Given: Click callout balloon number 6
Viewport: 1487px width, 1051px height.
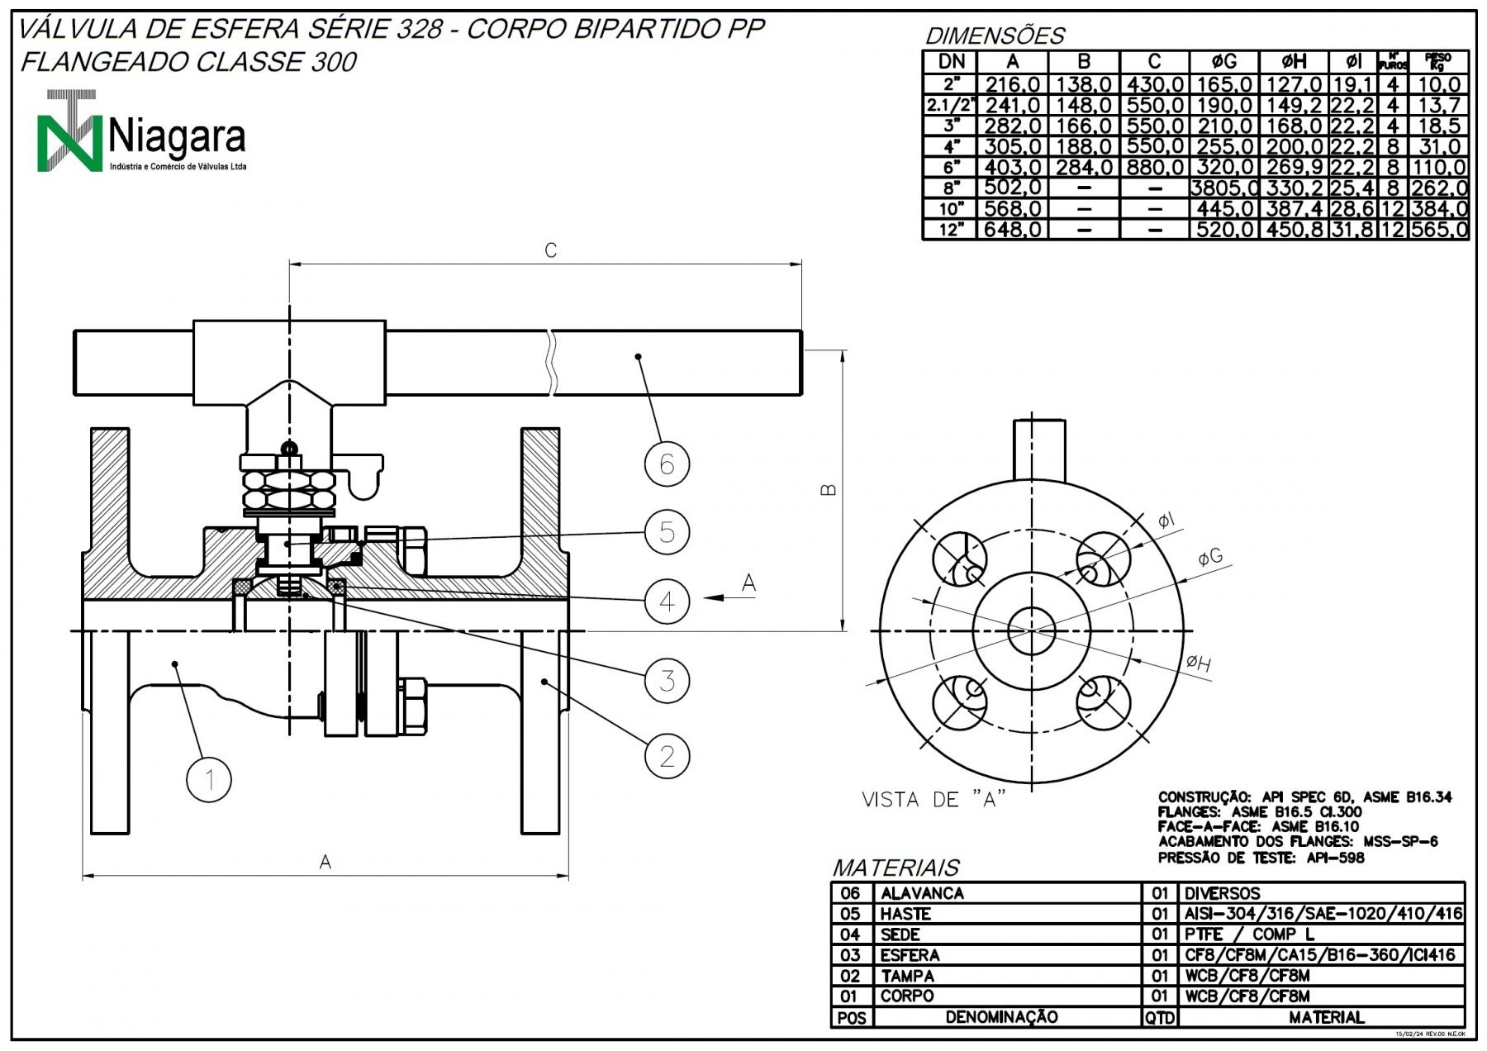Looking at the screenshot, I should (x=667, y=464).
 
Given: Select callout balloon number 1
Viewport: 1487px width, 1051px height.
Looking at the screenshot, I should (x=209, y=779).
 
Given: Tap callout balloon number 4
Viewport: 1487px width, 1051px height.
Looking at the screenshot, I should (x=667, y=601).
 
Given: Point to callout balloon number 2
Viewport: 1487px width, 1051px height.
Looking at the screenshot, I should (x=667, y=755).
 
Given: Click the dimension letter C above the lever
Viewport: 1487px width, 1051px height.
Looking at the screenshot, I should (x=551, y=250).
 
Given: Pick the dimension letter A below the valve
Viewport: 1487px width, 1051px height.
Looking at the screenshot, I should (x=325, y=862).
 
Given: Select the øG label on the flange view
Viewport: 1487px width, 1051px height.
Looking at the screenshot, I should (x=1210, y=558).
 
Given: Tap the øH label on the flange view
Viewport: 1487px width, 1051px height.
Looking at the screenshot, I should (x=1199, y=662).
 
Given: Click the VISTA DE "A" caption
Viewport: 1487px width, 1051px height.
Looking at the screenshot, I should (x=934, y=799).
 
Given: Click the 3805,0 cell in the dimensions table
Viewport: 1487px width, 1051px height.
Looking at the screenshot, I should (x=1224, y=188).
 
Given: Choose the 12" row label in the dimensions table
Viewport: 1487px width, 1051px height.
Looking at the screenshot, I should (x=951, y=229).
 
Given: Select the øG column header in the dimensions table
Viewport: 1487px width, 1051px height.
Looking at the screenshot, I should (x=1223, y=61).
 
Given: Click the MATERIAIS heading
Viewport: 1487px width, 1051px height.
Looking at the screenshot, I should (x=896, y=868).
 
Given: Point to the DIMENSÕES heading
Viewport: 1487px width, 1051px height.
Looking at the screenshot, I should (x=995, y=36).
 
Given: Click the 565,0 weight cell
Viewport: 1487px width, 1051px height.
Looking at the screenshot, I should (x=1439, y=229).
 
